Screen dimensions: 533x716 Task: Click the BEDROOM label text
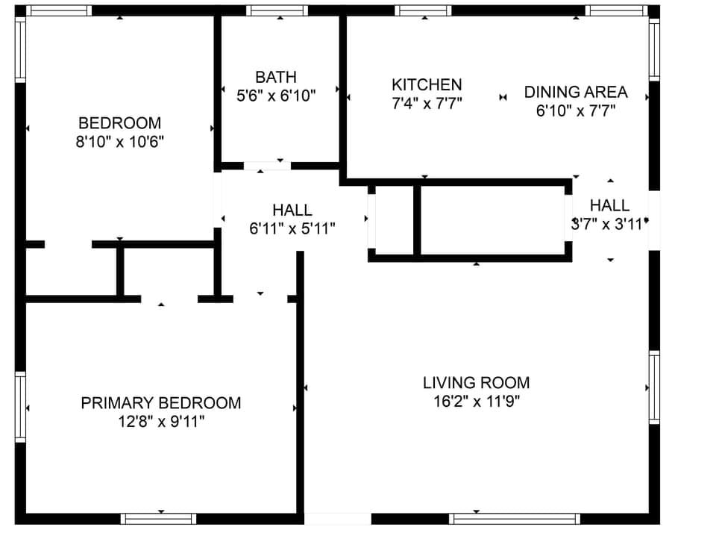click(119, 123)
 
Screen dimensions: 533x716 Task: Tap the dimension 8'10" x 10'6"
click(119, 142)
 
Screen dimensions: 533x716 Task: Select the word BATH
click(276, 77)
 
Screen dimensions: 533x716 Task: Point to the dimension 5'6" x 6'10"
click(276, 96)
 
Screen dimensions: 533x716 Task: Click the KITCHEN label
click(427, 85)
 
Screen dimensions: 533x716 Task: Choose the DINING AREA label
click(576, 93)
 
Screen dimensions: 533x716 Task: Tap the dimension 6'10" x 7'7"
click(576, 111)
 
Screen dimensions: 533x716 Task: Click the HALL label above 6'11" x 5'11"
click(292, 211)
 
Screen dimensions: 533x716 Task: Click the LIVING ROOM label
click(476, 383)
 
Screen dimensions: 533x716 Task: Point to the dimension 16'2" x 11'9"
click(476, 402)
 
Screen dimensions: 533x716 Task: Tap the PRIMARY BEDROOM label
click(161, 403)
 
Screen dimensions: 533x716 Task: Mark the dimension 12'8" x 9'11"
click(161, 422)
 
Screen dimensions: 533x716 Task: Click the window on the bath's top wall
click(277, 10)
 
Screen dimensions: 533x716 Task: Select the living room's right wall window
click(654, 387)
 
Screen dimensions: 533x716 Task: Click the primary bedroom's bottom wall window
click(159, 519)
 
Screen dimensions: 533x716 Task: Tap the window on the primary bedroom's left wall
click(20, 408)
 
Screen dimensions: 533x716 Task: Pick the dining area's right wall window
click(654, 49)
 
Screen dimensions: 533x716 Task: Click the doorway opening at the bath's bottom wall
click(266, 166)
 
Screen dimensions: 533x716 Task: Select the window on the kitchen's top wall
click(423, 10)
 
